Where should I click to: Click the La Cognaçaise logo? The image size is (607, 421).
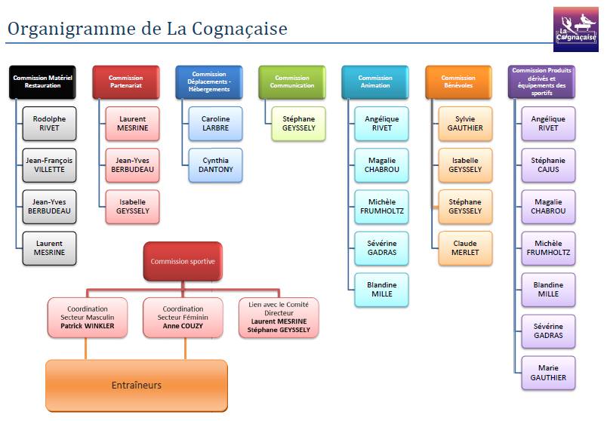click(x=575, y=29)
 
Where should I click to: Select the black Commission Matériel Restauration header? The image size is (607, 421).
click(x=42, y=82)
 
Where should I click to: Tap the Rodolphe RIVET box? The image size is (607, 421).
click(x=49, y=124)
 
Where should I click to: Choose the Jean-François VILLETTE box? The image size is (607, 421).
click(x=49, y=164)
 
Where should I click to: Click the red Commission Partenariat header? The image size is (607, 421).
click(x=126, y=82)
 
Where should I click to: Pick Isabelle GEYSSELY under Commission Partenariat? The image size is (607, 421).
click(x=132, y=207)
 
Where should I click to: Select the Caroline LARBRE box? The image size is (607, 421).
click(x=216, y=124)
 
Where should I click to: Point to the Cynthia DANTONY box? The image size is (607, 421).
click(x=216, y=164)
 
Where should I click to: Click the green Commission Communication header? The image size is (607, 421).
click(x=292, y=82)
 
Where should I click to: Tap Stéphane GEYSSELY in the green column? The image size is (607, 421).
click(x=298, y=124)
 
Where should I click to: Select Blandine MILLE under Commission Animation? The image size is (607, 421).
click(x=382, y=290)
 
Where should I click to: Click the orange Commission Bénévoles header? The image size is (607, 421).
click(x=458, y=82)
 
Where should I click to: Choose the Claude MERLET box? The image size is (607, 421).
click(x=465, y=248)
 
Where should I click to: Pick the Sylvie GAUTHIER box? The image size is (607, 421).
click(x=465, y=124)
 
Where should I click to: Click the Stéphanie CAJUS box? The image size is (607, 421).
click(x=548, y=164)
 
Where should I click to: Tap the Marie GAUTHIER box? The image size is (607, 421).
click(x=548, y=373)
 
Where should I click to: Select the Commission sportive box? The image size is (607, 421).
click(x=183, y=262)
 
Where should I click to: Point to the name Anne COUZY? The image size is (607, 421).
click(x=183, y=326)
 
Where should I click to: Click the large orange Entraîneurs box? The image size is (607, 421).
click(x=137, y=386)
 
